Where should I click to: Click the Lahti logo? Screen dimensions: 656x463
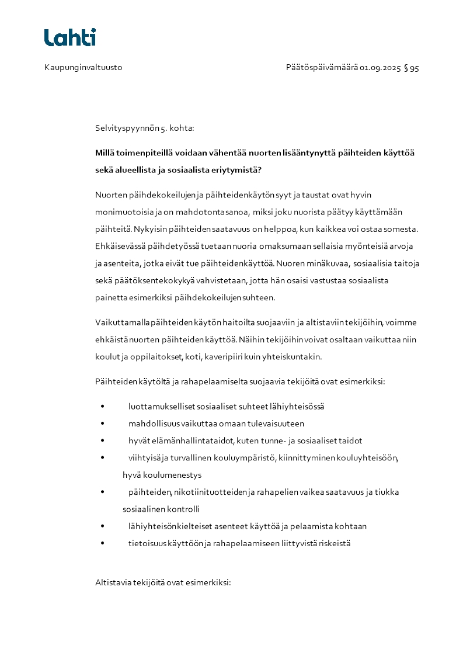click(x=69, y=37)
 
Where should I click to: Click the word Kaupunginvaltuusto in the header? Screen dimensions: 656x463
click(x=83, y=68)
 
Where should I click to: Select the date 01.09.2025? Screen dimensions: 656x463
click(x=380, y=68)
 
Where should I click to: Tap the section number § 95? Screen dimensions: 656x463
click(x=411, y=68)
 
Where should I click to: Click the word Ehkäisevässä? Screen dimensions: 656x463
click(x=120, y=247)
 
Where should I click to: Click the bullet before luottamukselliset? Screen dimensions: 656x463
click(x=102, y=407)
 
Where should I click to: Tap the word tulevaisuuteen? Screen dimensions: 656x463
click(x=274, y=424)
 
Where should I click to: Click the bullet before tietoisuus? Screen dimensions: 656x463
click(x=102, y=543)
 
